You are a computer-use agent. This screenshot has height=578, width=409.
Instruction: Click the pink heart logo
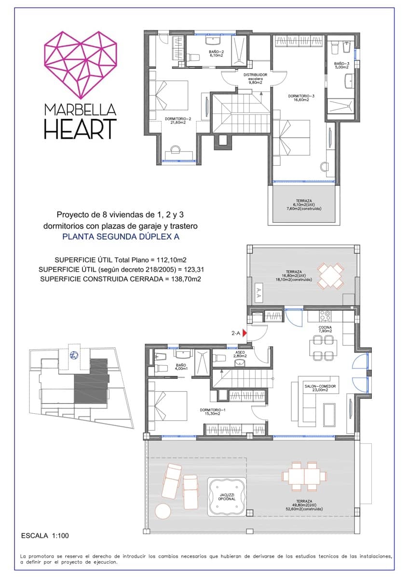coord(80,63)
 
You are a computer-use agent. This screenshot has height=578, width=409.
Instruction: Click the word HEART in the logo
coord(80,129)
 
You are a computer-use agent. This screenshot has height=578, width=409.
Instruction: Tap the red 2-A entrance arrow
coord(245,333)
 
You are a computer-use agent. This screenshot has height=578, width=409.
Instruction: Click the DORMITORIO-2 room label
coord(178,120)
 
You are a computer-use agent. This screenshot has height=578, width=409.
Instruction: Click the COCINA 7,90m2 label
coord(325,329)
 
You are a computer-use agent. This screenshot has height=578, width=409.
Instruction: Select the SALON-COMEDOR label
coord(319,388)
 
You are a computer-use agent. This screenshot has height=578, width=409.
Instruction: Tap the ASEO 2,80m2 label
coord(240,354)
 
